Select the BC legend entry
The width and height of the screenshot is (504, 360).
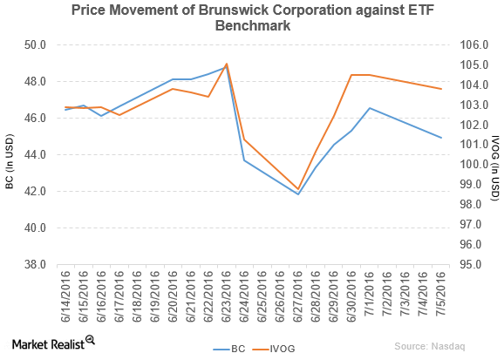point(228,347)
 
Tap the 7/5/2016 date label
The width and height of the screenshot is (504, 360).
point(441,295)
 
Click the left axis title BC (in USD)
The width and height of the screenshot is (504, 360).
point(10,154)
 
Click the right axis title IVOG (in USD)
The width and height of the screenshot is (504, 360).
point(494,154)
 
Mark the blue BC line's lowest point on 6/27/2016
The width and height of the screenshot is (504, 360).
point(298,194)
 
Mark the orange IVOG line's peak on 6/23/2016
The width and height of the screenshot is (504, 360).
point(227,64)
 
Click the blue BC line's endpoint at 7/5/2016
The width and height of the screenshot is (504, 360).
point(441,138)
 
